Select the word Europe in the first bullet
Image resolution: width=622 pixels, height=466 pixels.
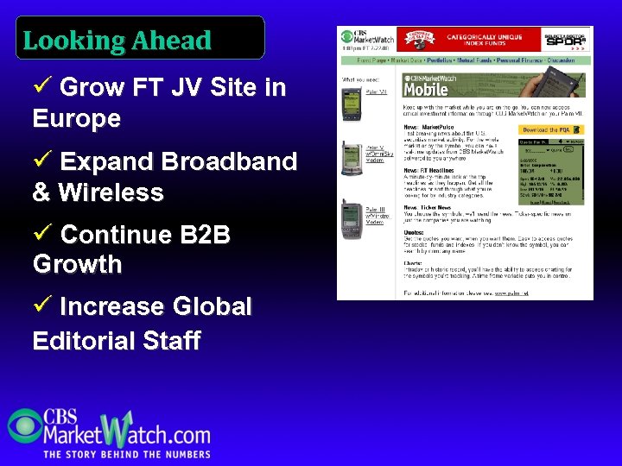coord(77,118)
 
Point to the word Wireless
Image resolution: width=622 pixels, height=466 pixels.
coord(111,192)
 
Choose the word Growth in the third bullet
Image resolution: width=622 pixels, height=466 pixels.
coord(77,264)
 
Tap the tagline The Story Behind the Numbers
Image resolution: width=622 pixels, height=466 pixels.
coord(127,454)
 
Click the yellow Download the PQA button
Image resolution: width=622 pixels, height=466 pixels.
coord(552,129)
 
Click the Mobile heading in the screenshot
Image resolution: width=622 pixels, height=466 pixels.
coord(427,89)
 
